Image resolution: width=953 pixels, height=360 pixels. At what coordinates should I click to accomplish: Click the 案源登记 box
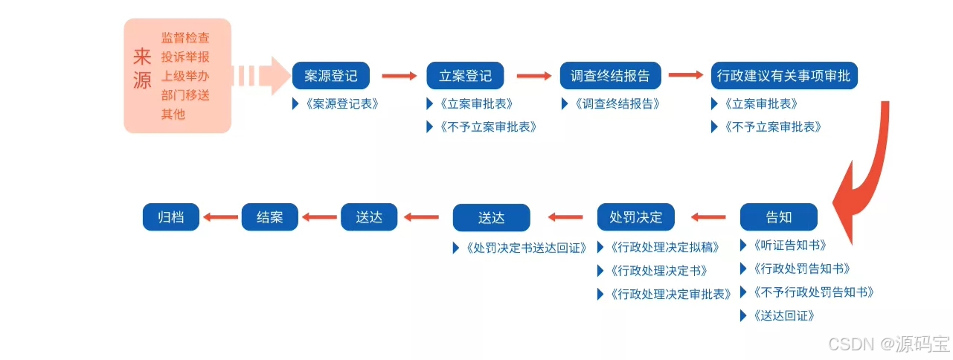[x=331, y=76]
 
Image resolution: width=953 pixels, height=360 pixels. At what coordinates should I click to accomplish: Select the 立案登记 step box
[x=465, y=76]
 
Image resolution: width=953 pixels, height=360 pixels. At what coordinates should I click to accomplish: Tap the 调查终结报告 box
[x=610, y=76]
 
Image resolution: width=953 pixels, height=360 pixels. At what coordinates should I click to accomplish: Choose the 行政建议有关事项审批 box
[x=784, y=76]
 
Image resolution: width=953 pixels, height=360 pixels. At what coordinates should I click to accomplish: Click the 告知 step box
[x=778, y=217]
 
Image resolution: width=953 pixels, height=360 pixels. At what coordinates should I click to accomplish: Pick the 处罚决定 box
[x=635, y=217]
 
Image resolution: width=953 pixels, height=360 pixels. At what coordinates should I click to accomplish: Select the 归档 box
[x=171, y=217]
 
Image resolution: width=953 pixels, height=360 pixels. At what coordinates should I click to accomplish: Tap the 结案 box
[x=269, y=217]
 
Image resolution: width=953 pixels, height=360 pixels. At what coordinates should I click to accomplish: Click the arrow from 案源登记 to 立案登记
[x=400, y=76]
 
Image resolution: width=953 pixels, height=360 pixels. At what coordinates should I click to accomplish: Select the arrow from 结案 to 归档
[x=220, y=217]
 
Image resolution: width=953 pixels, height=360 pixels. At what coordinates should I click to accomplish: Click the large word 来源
[x=142, y=68]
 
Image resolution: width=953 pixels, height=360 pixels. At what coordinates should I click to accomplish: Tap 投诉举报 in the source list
[x=185, y=57]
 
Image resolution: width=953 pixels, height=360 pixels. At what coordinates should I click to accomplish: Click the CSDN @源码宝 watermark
[x=889, y=344]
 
